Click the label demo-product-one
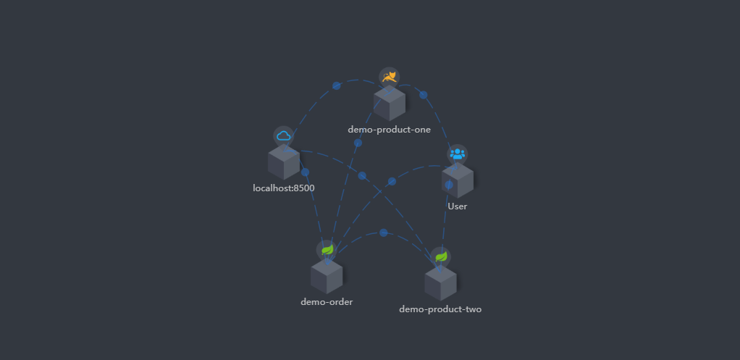(x=389, y=130)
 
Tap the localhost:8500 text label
(x=283, y=188)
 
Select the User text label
(x=457, y=206)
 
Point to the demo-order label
(x=327, y=301)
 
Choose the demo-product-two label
(x=440, y=309)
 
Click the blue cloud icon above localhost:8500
(x=283, y=135)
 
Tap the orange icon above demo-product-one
(x=389, y=77)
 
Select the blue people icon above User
(x=457, y=154)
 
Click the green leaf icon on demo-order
(x=327, y=250)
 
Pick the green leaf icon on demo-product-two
(x=440, y=256)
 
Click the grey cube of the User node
(x=457, y=180)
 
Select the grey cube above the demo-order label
(x=327, y=277)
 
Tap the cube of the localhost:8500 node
(x=283, y=162)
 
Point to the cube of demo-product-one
(x=389, y=104)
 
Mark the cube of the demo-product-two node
(x=440, y=283)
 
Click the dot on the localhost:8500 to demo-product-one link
(x=336, y=85)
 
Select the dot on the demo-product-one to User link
(x=424, y=95)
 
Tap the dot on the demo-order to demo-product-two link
(x=383, y=233)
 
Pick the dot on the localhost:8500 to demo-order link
(x=305, y=172)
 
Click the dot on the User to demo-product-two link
(x=448, y=185)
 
